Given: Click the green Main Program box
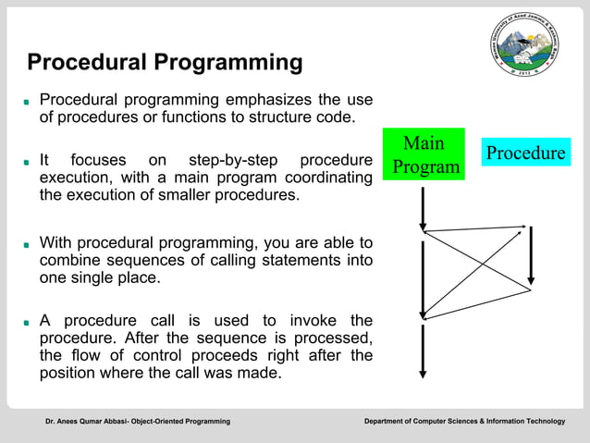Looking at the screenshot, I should point(424,155).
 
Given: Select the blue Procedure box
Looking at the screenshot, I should point(525,153).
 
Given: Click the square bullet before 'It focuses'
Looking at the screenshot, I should point(29,162).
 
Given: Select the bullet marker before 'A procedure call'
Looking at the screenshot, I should point(29,323).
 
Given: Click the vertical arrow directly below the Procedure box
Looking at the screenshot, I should point(531,254).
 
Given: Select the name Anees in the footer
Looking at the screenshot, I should point(69,422).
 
